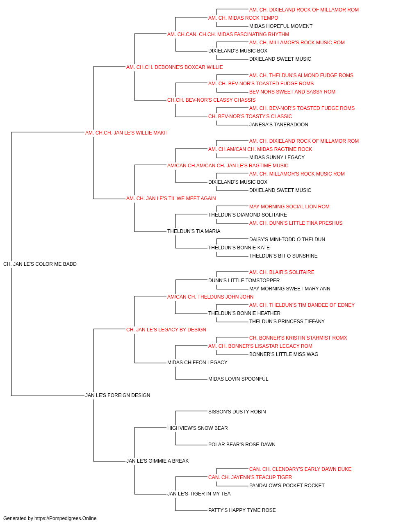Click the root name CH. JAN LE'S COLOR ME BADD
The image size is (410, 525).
point(40,264)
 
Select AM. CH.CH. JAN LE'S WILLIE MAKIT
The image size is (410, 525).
point(127,133)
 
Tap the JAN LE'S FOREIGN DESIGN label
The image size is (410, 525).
point(118,395)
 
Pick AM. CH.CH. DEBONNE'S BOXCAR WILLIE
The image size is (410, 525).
point(174,67)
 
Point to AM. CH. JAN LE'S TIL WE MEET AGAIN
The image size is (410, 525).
point(171,199)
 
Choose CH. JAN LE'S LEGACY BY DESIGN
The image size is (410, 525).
point(166,330)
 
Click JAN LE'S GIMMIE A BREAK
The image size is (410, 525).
point(157,461)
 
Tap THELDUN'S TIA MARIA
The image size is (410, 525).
point(194,231)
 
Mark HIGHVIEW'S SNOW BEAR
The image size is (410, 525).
point(198,428)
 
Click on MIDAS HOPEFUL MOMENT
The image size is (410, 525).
point(281,26)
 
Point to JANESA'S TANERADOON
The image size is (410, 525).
point(279,125)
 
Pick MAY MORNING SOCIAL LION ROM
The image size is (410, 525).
point(289,207)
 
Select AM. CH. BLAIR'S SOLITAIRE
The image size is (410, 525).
point(282,272)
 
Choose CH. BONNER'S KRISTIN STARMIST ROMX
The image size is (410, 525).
point(298,338)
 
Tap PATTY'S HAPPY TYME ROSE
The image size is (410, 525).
point(242,510)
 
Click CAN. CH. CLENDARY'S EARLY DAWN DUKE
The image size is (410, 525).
point(300,469)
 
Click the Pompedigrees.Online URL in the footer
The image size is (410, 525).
point(66,518)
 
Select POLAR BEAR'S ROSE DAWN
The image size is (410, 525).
point(242,445)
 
